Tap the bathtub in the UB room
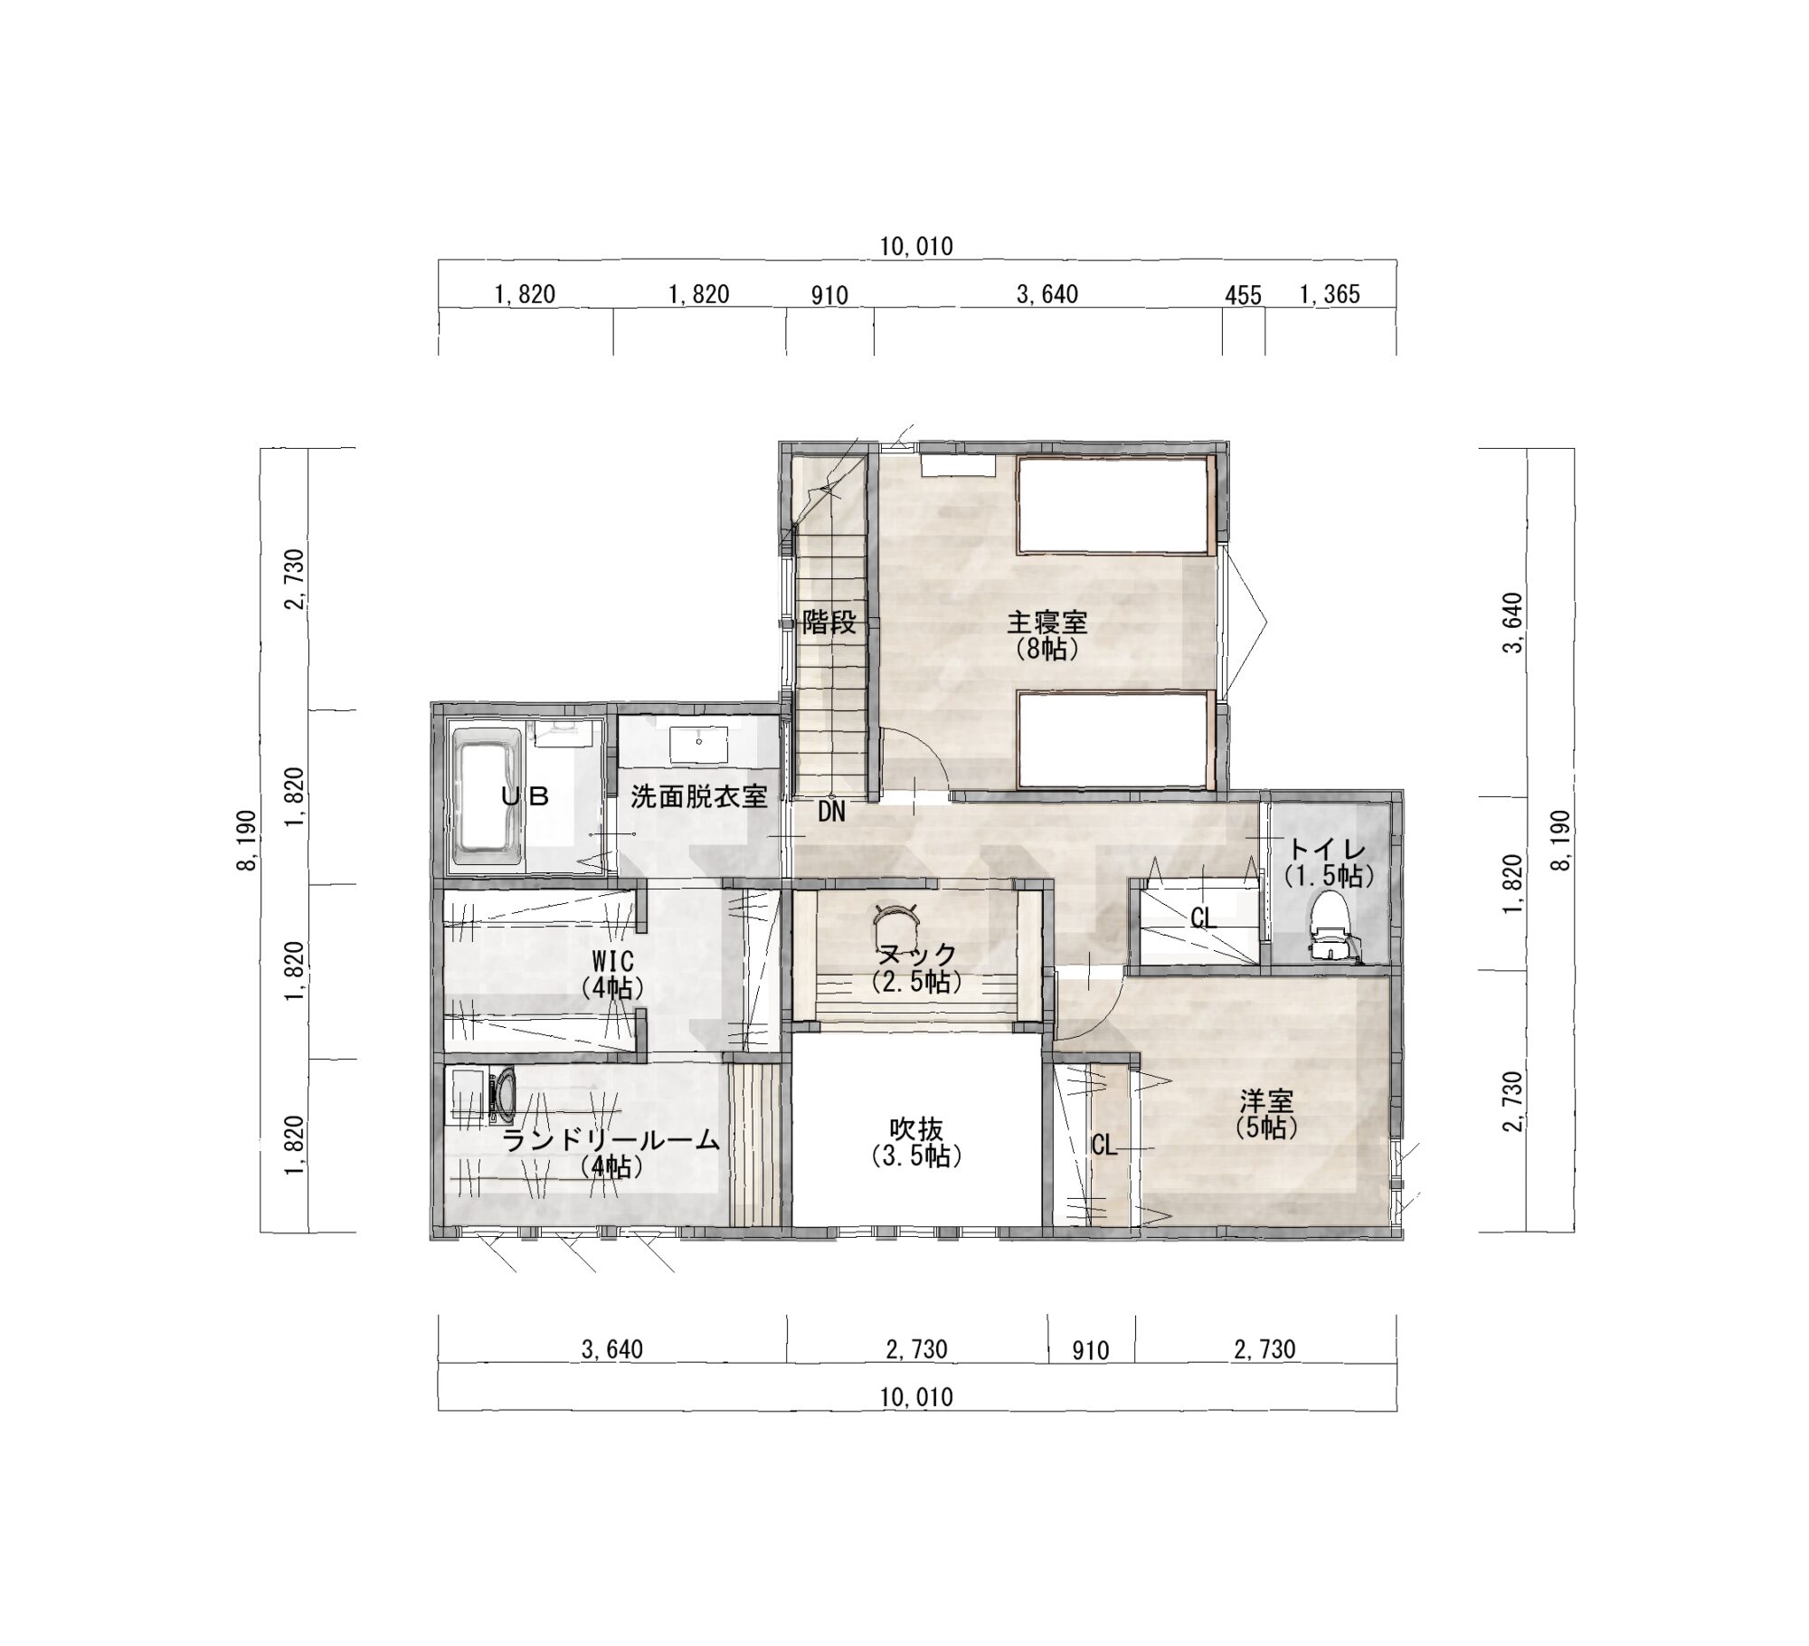pyautogui.click(x=485, y=800)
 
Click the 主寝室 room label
pyautogui.click(x=1047, y=623)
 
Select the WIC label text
pyautogui.click(x=612, y=960)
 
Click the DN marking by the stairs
pyautogui.click(x=831, y=813)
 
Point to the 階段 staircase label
pyautogui.click(x=829, y=623)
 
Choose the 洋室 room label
pyautogui.click(x=1266, y=1101)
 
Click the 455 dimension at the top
pyautogui.click(x=1243, y=295)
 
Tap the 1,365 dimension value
pyautogui.click(x=1330, y=294)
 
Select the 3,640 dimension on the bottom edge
pyautogui.click(x=612, y=1350)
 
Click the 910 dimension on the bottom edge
pyautogui.click(x=1091, y=1351)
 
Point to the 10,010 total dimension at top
pyautogui.click(x=916, y=246)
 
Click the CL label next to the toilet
pyautogui.click(x=1203, y=919)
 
